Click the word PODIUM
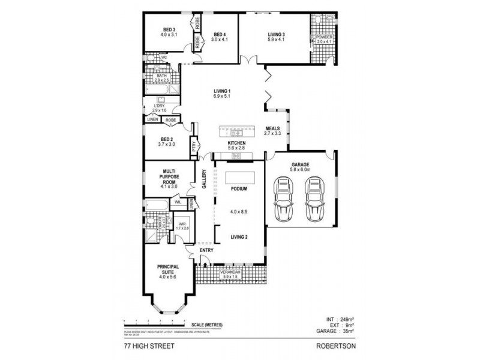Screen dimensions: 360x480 coord(239,189)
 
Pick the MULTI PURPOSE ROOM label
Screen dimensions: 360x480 coord(169,176)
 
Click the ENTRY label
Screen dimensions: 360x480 coord(206,251)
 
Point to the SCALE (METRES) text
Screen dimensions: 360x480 coord(205,325)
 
